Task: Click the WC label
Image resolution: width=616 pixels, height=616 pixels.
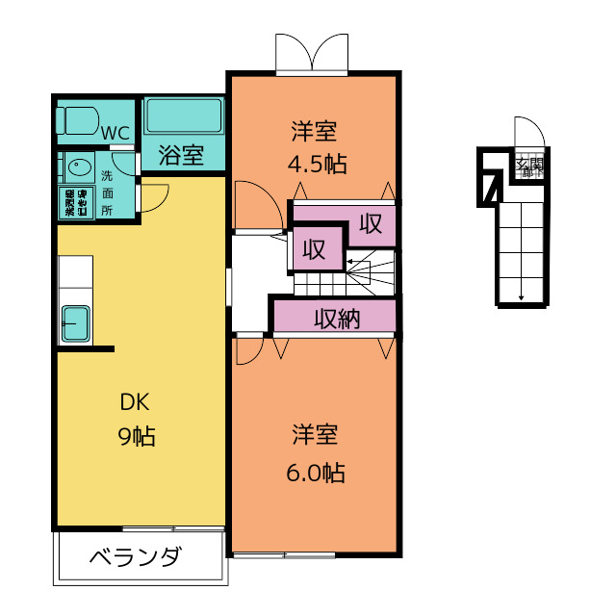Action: pos(115,133)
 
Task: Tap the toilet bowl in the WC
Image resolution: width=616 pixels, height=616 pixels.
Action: pos(80,120)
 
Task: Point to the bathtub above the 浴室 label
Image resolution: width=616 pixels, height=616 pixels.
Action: pos(184,117)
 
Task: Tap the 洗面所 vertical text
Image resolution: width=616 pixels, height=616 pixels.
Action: pos(107,192)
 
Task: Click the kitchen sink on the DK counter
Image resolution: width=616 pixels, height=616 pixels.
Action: pos(75,323)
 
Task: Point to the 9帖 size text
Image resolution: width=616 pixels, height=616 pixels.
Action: pos(136,436)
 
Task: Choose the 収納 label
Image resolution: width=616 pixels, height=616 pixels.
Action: pos(336,319)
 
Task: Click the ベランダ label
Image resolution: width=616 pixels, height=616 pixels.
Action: pos(136,558)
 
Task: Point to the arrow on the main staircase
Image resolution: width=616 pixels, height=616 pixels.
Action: pos(354,262)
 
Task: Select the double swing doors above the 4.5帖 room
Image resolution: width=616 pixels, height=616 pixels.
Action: pos(311,54)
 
